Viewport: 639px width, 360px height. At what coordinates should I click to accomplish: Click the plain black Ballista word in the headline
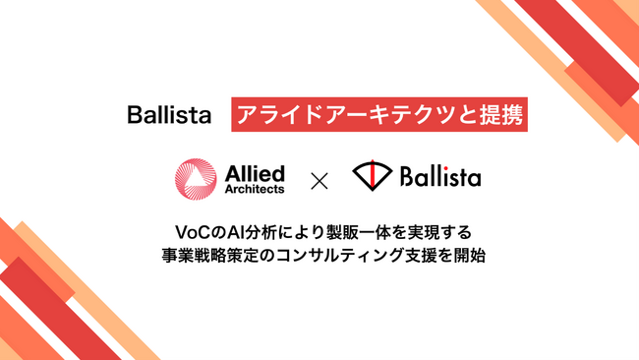coord(169,115)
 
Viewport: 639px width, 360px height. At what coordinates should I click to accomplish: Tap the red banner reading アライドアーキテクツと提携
coord(378,115)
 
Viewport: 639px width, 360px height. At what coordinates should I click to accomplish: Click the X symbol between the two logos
coord(319,180)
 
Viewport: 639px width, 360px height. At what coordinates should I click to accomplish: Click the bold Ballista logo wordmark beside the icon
coord(440,179)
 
